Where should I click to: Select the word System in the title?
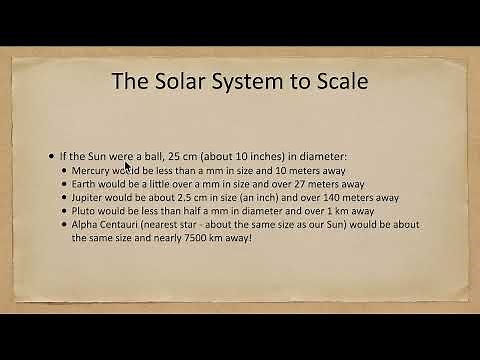point(263,79)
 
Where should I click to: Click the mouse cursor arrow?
point(128,168)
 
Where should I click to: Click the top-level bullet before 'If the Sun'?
point(52,158)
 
